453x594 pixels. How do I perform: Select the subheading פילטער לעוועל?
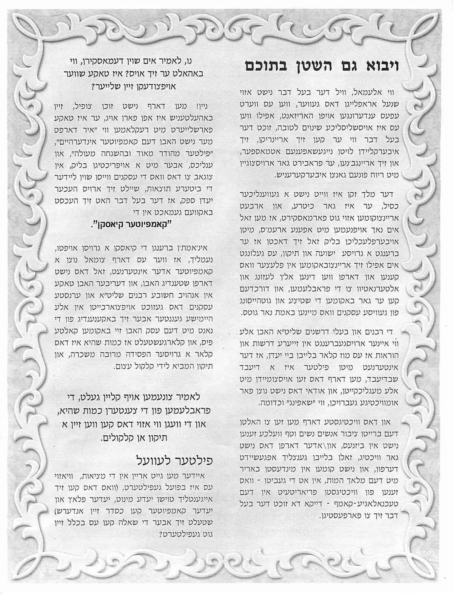click(x=169, y=461)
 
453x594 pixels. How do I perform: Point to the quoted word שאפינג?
click(x=281, y=404)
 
